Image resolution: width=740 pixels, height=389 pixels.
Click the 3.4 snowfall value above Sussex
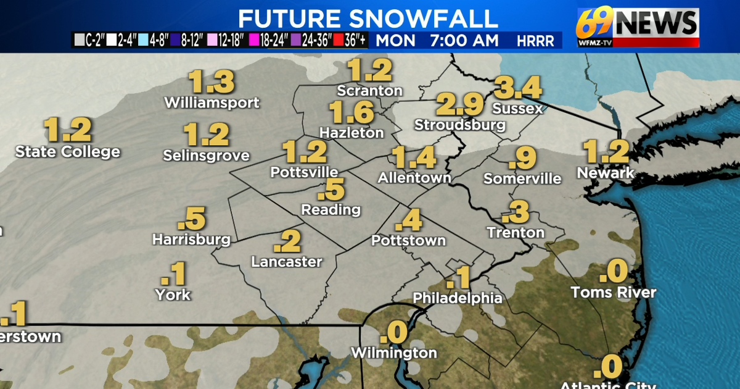pyautogui.click(x=518, y=88)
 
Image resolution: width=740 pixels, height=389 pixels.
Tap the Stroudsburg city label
pyautogui.click(x=460, y=125)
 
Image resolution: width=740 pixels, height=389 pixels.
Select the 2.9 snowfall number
pyautogui.click(x=460, y=104)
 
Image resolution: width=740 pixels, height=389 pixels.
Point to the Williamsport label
pyautogui.click(x=212, y=102)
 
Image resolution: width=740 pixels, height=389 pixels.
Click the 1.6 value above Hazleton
pyautogui.click(x=351, y=112)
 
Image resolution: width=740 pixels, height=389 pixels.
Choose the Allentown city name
pyautogui.click(x=414, y=178)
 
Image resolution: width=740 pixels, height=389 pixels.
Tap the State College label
pyautogui.click(x=68, y=151)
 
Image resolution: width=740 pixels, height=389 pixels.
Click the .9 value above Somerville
pyautogui.click(x=522, y=159)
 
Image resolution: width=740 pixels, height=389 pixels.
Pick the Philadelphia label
pyautogui.click(x=458, y=298)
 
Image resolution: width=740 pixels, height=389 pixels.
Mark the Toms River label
pyautogui.click(x=613, y=292)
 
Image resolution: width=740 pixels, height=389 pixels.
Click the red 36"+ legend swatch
pyautogui.click(x=337, y=41)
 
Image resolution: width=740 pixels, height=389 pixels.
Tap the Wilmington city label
pyautogui.click(x=393, y=353)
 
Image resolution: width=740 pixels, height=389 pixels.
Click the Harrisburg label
pyautogui.click(x=191, y=239)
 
